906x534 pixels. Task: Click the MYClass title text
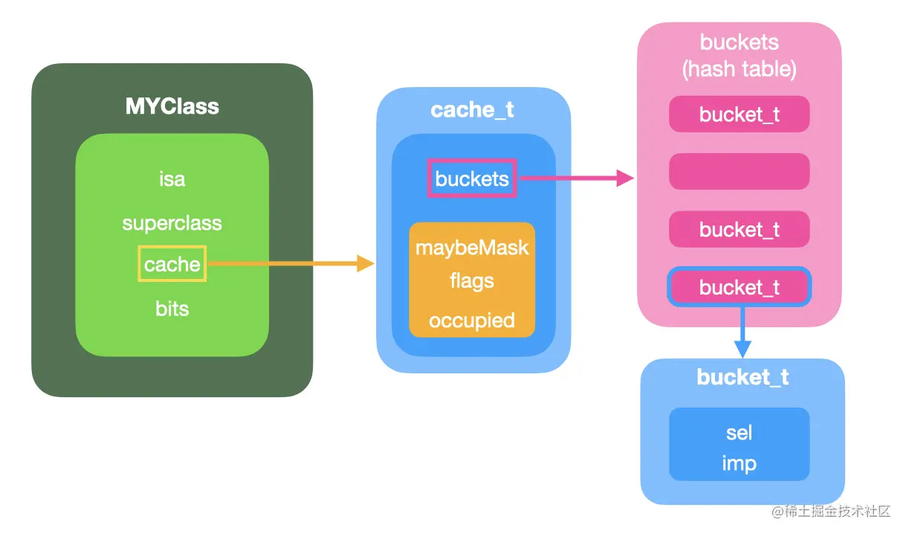click(x=172, y=106)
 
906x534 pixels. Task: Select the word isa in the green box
click(x=172, y=179)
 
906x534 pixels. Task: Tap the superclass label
click(x=172, y=223)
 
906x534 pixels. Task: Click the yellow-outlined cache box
click(x=172, y=265)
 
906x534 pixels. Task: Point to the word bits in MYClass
click(x=172, y=308)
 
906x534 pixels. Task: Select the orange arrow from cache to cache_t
click(x=290, y=263)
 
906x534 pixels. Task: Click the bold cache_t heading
click(x=472, y=110)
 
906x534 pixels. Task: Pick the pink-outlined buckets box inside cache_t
click(x=472, y=178)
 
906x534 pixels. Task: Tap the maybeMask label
click(x=472, y=247)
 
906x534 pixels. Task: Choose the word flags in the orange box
click(x=472, y=281)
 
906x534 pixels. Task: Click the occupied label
click(x=472, y=321)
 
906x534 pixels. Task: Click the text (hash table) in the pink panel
click(x=739, y=69)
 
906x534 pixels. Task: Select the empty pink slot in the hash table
click(x=739, y=171)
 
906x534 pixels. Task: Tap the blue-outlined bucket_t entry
click(x=739, y=287)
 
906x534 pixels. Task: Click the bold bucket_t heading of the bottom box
click(x=742, y=377)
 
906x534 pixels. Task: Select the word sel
click(x=739, y=432)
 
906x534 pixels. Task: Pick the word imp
click(x=739, y=463)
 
